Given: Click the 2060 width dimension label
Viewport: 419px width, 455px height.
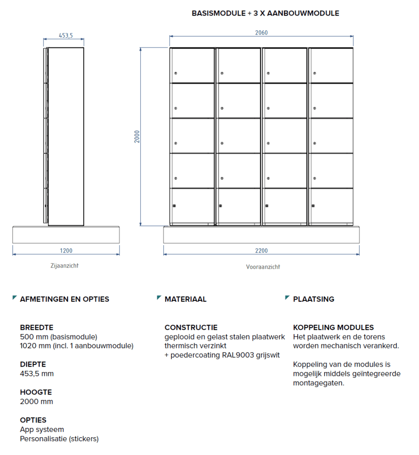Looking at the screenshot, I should click(x=261, y=32).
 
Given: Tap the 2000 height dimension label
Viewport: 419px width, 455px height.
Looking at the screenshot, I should click(x=137, y=136).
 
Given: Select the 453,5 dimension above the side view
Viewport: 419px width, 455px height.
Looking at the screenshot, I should click(x=66, y=36).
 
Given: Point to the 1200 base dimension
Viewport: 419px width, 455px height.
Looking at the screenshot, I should click(x=66, y=251).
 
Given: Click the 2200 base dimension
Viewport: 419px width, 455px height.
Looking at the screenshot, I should click(x=261, y=251).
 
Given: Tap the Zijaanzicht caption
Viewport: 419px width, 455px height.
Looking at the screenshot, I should click(x=64, y=266).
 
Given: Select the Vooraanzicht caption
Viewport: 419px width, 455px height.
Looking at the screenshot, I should click(x=263, y=267).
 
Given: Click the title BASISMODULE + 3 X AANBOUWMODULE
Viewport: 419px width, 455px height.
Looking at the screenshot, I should click(x=265, y=13).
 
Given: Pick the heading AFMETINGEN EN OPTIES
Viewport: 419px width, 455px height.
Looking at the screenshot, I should click(x=64, y=299).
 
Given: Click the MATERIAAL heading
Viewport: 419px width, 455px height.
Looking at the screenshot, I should click(x=185, y=299).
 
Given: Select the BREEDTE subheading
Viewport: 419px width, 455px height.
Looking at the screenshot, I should click(x=36, y=327).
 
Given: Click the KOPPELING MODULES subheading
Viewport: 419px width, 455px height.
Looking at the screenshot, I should click(x=333, y=327).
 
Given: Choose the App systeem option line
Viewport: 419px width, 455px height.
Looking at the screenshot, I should click(x=42, y=429).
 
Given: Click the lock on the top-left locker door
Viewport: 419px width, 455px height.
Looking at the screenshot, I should click(x=176, y=73).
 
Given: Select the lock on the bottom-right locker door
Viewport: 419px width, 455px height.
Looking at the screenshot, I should click(x=313, y=206).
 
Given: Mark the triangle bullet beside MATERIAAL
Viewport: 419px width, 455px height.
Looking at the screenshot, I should click(x=159, y=298).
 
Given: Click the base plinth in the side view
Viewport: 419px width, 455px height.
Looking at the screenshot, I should click(x=66, y=235).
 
